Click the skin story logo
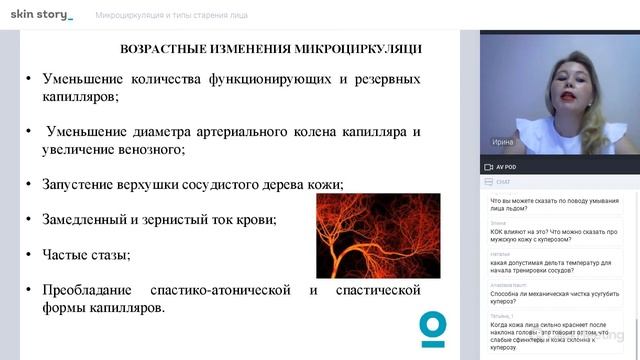(41, 15)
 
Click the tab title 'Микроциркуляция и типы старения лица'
(172, 16)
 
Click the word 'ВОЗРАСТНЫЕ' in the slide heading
(163, 48)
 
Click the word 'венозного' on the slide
(152, 150)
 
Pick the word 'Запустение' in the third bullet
(78, 185)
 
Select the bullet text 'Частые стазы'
(86, 254)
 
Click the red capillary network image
(377, 234)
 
